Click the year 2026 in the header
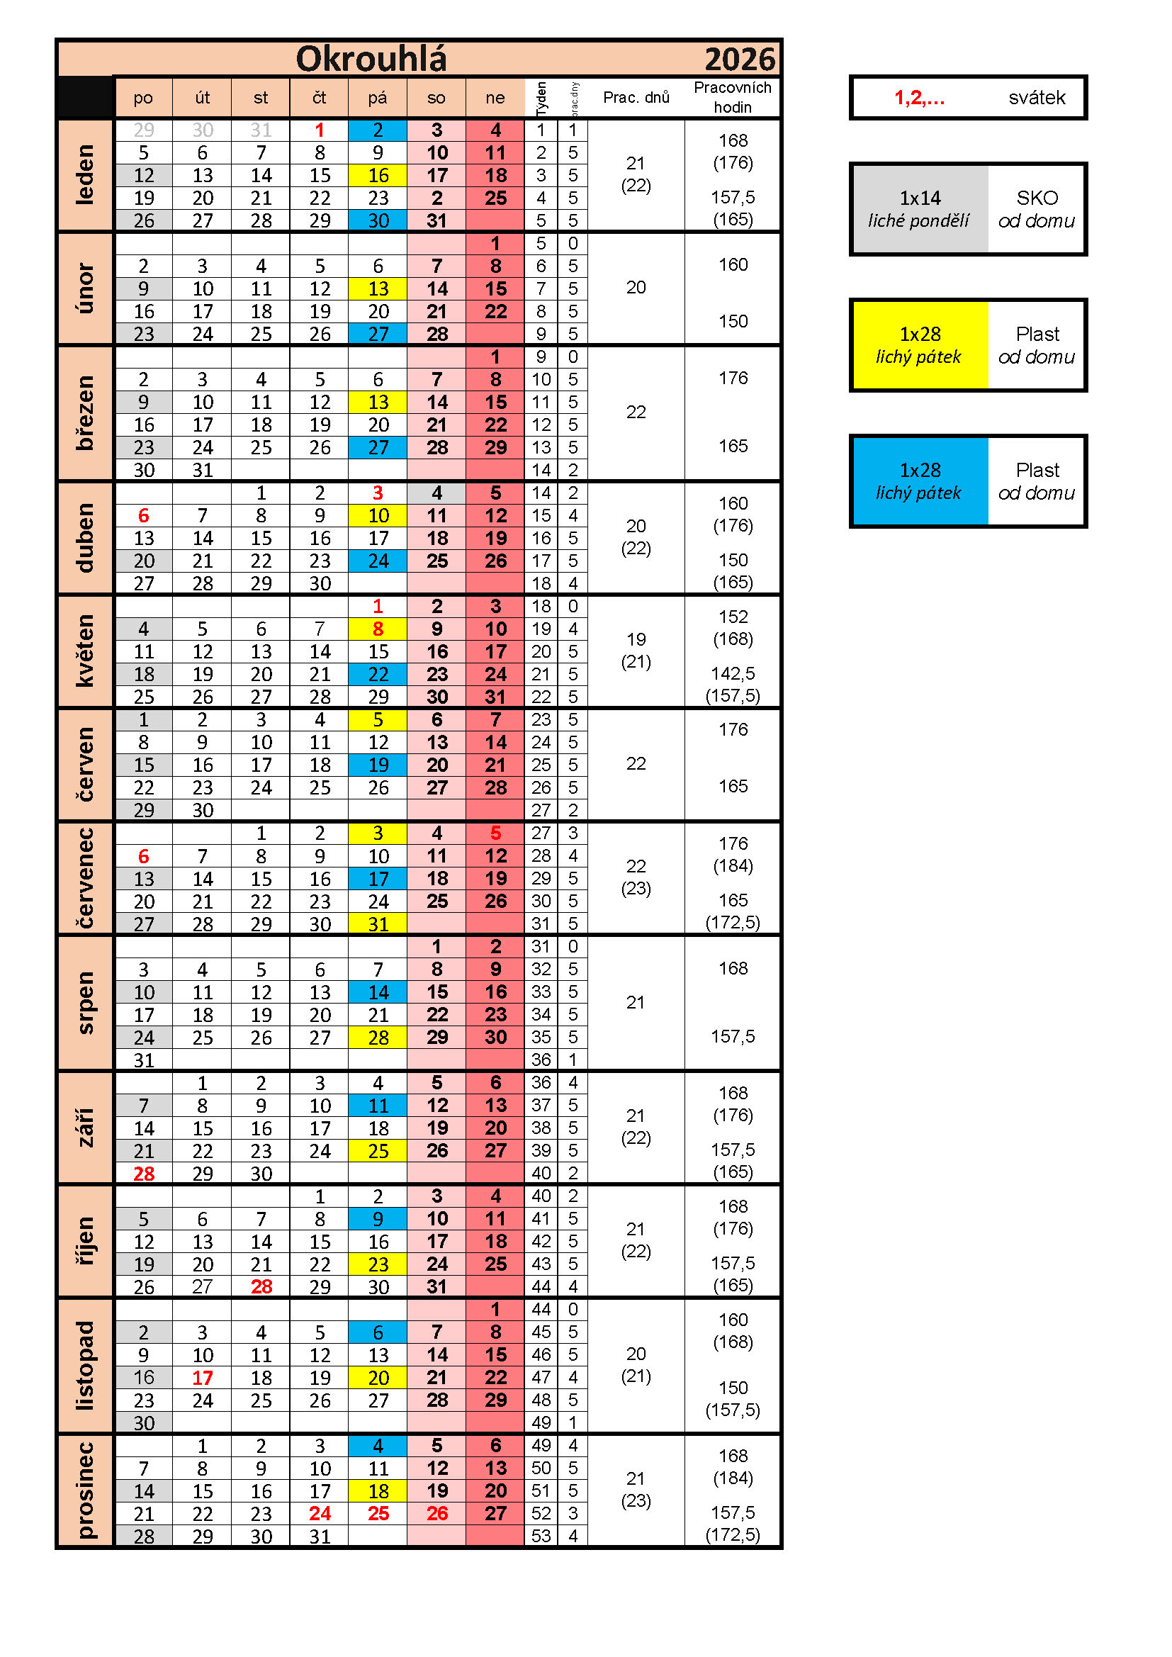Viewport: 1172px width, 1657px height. coord(739,60)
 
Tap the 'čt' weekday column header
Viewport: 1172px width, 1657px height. coord(319,97)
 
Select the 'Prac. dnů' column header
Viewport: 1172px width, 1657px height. coord(636,97)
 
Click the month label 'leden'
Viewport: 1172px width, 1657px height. coord(85,174)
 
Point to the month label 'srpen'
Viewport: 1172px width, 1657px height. coord(85,1002)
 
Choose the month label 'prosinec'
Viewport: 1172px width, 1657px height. coord(85,1490)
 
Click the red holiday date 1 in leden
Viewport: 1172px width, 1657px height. coord(319,130)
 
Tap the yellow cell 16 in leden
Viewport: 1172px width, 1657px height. coord(378,175)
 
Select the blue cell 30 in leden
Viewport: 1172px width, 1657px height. coord(378,221)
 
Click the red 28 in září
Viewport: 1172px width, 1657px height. coord(144,1174)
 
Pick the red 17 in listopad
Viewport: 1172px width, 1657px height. coord(202,1378)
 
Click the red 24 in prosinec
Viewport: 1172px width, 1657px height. coord(319,1513)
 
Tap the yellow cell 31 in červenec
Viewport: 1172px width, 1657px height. coord(378,923)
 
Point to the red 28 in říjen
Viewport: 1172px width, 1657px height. coord(261,1287)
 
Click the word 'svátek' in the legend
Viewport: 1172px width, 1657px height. coord(1037,97)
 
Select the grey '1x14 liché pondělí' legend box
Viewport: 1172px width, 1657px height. coord(920,209)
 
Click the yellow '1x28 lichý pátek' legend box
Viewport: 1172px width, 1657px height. coord(920,345)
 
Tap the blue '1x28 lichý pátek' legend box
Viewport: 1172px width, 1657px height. coord(920,481)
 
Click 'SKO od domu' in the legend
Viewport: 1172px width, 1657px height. coord(1037,209)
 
